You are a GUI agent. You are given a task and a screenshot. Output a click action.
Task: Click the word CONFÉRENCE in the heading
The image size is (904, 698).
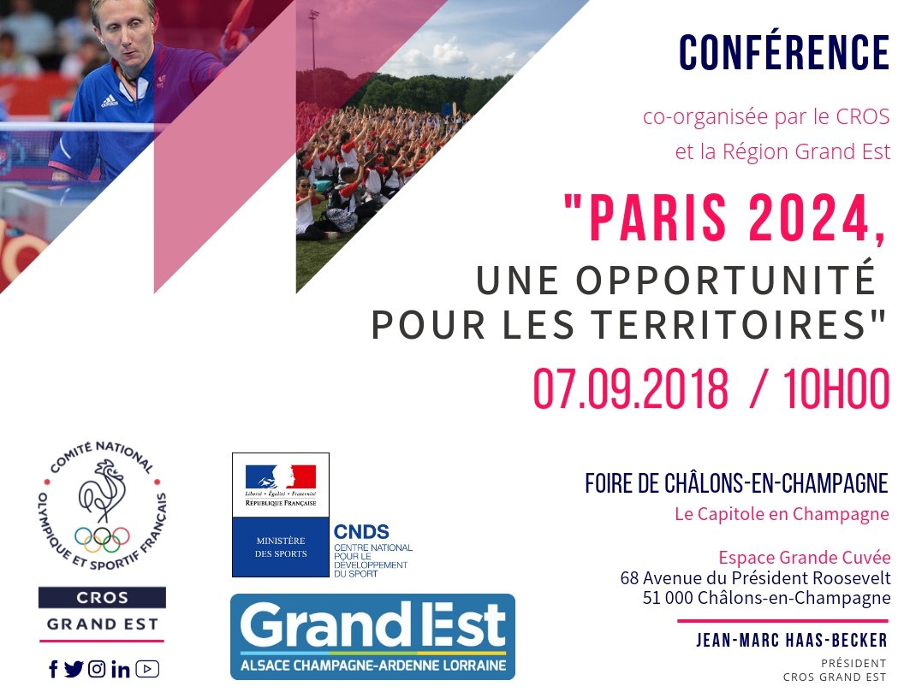pyautogui.click(x=784, y=52)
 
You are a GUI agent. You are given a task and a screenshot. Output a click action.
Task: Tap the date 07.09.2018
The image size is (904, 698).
pyautogui.click(x=630, y=388)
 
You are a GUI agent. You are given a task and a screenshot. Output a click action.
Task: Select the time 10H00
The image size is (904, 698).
pyautogui.click(x=836, y=388)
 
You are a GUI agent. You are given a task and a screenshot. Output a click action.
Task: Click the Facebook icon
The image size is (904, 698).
pyautogui.click(x=53, y=669)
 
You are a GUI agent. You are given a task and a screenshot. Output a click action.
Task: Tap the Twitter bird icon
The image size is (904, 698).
pyautogui.click(x=74, y=669)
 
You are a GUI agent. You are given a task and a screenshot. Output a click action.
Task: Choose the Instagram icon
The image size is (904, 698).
pyautogui.click(x=97, y=669)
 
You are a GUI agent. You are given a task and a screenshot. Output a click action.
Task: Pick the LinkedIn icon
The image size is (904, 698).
pyautogui.click(x=121, y=669)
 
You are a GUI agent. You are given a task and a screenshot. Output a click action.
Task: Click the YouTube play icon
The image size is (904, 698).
pyautogui.click(x=147, y=669)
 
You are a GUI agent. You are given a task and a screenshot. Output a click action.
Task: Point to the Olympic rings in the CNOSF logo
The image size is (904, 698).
pyautogui.click(x=102, y=539)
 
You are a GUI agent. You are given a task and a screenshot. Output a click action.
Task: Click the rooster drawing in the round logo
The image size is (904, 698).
pyautogui.click(x=102, y=491)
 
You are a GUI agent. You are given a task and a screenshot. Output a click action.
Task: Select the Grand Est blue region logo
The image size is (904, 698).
pyautogui.click(x=372, y=637)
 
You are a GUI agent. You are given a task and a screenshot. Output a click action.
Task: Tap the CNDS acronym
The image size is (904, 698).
pyautogui.click(x=361, y=531)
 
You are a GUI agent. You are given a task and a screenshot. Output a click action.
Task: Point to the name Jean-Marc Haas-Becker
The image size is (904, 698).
pyautogui.click(x=792, y=640)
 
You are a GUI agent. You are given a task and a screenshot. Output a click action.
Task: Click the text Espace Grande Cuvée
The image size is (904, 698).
pyautogui.click(x=804, y=558)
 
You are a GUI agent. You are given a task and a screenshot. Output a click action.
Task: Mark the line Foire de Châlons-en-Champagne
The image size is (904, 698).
pyautogui.click(x=736, y=483)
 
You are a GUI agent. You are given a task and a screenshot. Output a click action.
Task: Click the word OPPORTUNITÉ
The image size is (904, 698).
pyautogui.click(x=726, y=280)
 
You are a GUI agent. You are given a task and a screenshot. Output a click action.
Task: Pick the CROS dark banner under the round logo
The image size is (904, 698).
pyautogui.click(x=102, y=597)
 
